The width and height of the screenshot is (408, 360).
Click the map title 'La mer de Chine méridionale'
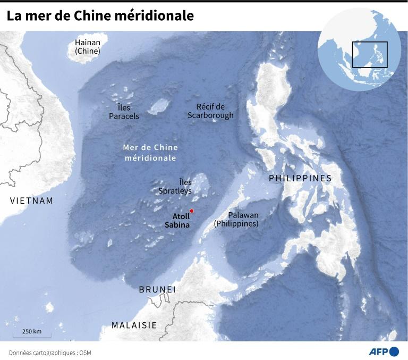[x=100, y=16]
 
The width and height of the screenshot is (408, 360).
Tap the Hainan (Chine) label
[x=88, y=47]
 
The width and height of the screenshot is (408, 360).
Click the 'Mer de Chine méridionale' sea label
[x=150, y=153]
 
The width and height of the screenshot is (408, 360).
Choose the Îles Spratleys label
[x=175, y=186]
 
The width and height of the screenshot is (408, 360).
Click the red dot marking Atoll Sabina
[x=192, y=211]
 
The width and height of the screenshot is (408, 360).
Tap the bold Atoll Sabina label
[x=177, y=221]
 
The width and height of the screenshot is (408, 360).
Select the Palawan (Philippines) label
[x=236, y=220]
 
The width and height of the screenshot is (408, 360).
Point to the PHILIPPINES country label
[x=300, y=178]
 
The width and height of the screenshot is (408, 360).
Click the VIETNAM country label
[x=32, y=200]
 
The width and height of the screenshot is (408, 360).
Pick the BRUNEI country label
[x=157, y=290]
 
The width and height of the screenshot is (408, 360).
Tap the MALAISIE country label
[x=134, y=325]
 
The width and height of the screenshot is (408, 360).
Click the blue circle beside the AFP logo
[x=394, y=351]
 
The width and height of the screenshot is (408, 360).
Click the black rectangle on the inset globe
[x=370, y=54]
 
